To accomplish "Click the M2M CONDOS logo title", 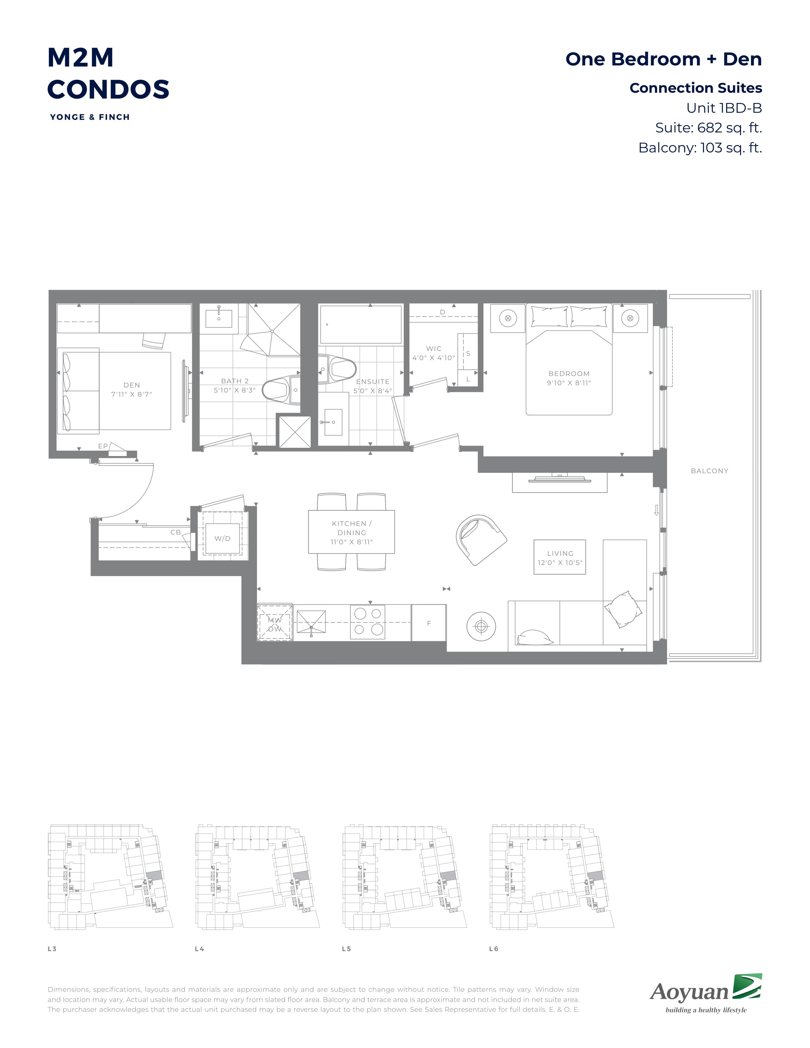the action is pyautogui.click(x=108, y=73).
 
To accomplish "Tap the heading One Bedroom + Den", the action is pyautogui.click(x=664, y=59).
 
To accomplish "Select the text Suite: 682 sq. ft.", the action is pyautogui.click(x=709, y=128).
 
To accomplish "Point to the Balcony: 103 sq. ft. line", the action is pyautogui.click(x=700, y=147).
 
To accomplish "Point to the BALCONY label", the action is pyautogui.click(x=709, y=471).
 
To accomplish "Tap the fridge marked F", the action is pyautogui.click(x=429, y=623).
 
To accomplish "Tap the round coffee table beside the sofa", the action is pyautogui.click(x=481, y=626).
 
